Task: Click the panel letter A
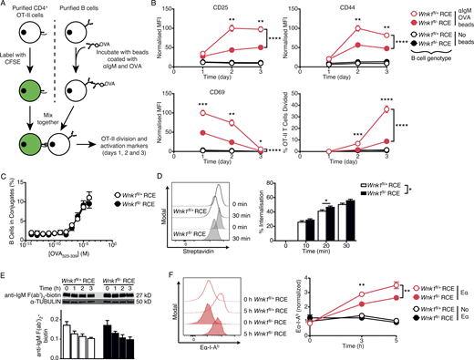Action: [x=5, y=5]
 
